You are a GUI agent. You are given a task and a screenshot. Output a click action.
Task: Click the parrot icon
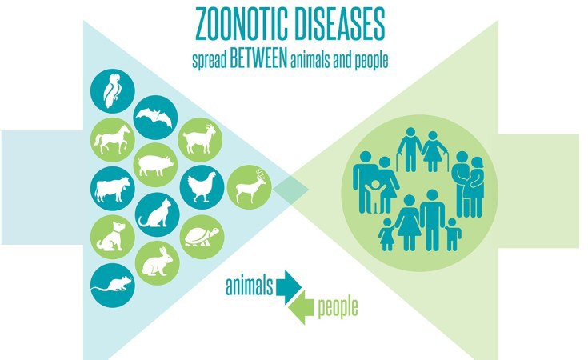point(112,90)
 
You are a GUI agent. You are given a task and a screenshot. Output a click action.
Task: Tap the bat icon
point(155,118)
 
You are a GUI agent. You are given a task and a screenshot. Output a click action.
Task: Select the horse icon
point(113,139)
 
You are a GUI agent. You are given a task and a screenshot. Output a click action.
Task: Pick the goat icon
point(200,139)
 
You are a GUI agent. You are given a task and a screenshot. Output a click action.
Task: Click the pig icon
point(156,165)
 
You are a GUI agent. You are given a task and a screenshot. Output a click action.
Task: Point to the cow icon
point(113,189)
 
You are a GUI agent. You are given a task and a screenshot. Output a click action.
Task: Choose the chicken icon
point(202,187)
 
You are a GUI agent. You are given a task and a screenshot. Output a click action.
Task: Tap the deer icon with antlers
point(250,187)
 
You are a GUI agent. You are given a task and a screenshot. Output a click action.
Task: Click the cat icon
point(157,214)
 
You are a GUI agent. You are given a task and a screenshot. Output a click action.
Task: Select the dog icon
point(113,237)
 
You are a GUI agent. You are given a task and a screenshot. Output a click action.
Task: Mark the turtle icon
point(202,237)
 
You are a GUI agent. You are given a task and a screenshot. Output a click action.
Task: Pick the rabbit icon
point(157,263)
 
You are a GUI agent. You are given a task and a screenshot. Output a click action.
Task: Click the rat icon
point(113,286)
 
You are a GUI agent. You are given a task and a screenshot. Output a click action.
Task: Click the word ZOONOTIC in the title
point(242,24)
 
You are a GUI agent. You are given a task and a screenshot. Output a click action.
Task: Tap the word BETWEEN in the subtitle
point(258,59)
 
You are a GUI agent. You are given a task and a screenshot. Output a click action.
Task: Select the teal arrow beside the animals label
point(289,287)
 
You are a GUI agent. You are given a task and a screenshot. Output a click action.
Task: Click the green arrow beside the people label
point(302,307)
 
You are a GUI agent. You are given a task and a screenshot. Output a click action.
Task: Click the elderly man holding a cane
point(410,150)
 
